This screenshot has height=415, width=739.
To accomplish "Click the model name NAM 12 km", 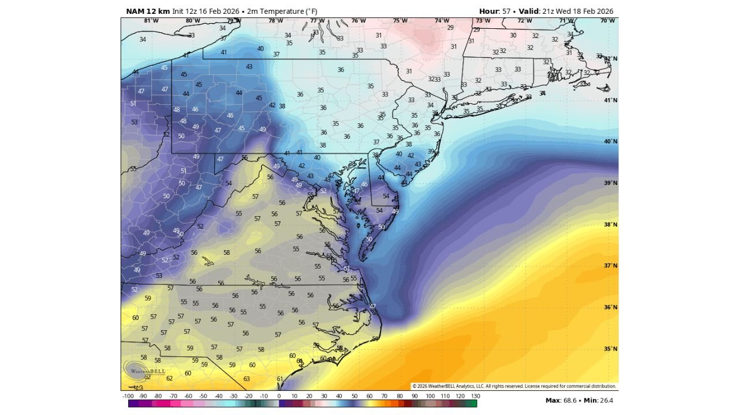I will click(148, 11).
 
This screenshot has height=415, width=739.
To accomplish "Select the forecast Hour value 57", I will click(507, 11).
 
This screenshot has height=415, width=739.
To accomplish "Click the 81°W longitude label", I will click(151, 21).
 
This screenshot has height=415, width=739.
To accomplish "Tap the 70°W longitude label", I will click(607, 21).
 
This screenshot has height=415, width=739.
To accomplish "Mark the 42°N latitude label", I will click(611, 59).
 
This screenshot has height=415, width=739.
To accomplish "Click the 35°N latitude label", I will click(611, 349).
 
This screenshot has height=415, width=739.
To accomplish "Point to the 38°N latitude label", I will click(611, 225).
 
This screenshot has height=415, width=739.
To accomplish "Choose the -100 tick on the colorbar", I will click(128, 396).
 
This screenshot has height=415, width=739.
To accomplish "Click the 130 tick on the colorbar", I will click(476, 396).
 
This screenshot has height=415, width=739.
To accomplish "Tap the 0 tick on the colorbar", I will click(279, 396).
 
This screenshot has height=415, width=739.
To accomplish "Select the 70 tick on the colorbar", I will click(385, 396).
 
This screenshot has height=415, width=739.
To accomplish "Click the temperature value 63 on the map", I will click(247, 379).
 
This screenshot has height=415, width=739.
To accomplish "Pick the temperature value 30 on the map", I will click(513, 35).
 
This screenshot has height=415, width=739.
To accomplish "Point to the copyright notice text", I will click(514, 386).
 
